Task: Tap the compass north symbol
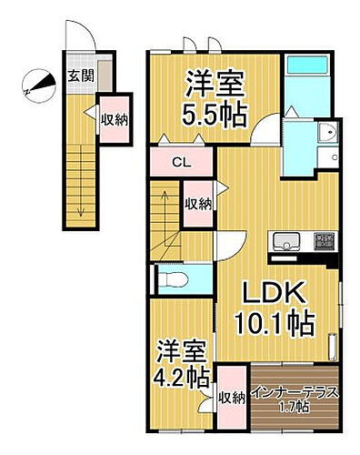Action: tap(35, 85)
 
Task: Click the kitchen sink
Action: tap(284, 243)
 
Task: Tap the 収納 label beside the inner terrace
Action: tap(232, 397)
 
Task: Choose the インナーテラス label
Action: tap(295, 393)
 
